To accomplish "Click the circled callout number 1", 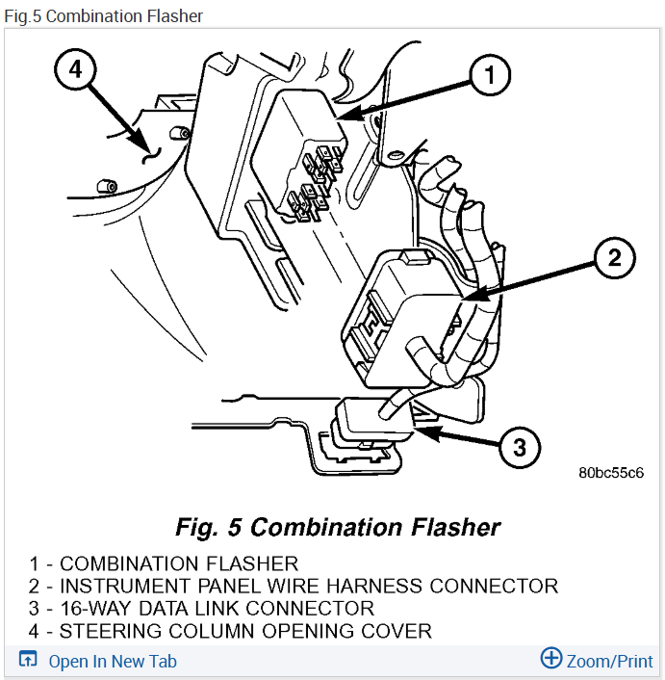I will pos(489,74).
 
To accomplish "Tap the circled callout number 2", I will pos(614,257).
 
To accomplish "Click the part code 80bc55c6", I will pos(610,473).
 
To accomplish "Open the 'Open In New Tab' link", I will pos(113,661).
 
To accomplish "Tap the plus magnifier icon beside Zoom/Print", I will pos(550,659).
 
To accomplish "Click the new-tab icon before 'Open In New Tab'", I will pos(29,661).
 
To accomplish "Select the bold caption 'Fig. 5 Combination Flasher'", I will pos(338,528).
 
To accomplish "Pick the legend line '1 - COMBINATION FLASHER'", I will pos(164,563).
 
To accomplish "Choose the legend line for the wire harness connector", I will pos(294,586).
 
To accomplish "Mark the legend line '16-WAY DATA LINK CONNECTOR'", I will pos(201,609).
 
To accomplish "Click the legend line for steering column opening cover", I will pos(230,632).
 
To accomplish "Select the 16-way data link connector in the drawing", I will pos(371,424).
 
